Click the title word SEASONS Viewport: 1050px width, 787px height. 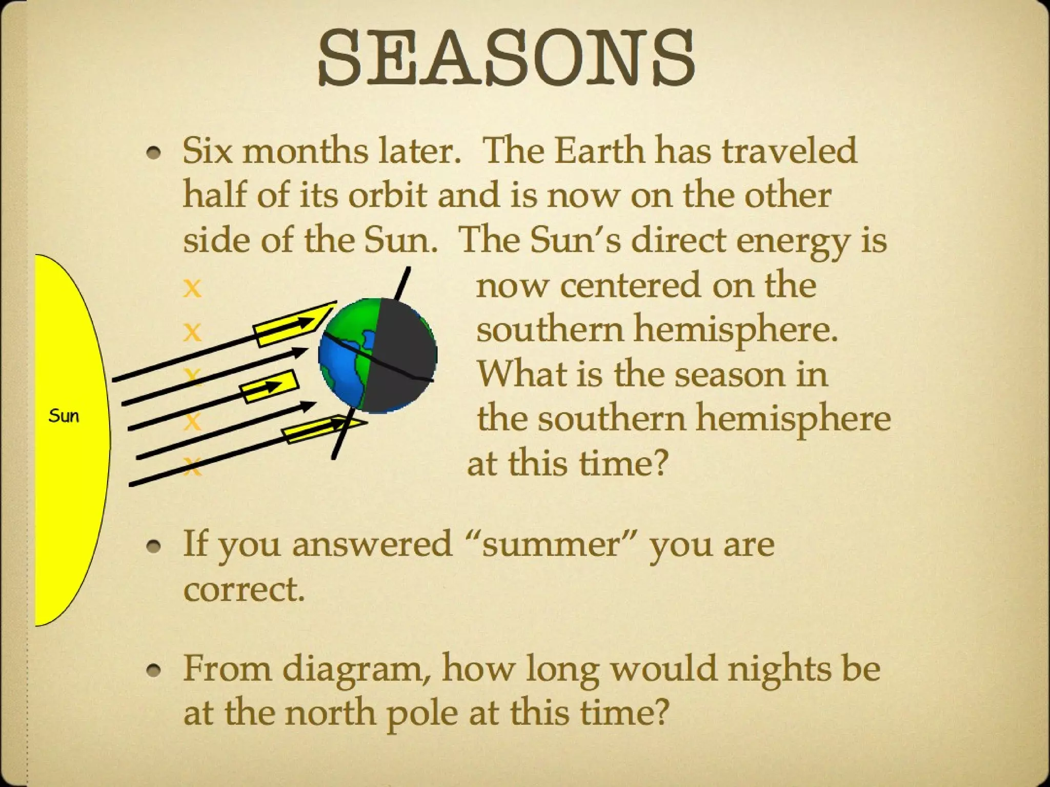[506, 58]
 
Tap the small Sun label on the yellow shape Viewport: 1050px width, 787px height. [64, 416]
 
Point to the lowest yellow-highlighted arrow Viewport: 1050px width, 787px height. [323, 428]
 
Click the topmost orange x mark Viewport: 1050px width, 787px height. [192, 287]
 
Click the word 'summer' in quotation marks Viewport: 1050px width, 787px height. [554, 544]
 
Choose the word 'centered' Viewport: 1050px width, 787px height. [631, 285]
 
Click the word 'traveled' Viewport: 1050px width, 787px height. [790, 151]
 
